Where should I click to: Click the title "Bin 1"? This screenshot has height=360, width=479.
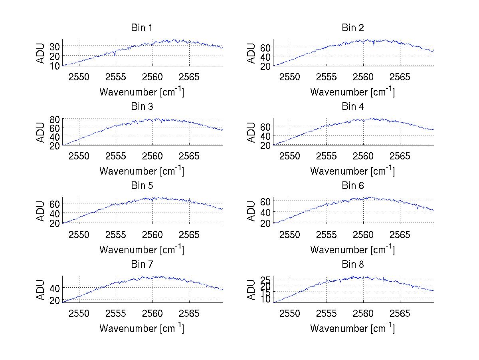pyautogui.click(x=142, y=28)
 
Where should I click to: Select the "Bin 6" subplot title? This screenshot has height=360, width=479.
pyautogui.click(x=352, y=186)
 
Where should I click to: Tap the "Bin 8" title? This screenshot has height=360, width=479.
pyautogui.click(x=352, y=265)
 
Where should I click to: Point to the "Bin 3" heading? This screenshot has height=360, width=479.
pyautogui.click(x=142, y=107)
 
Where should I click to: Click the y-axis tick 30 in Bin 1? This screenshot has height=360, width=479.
pyautogui.click(x=55, y=46)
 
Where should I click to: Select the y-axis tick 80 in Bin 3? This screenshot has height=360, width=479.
pyautogui.click(x=55, y=119)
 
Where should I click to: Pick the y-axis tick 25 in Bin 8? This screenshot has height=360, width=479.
pyautogui.click(x=265, y=279)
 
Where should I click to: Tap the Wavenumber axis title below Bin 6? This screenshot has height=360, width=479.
pyautogui.click(x=352, y=250)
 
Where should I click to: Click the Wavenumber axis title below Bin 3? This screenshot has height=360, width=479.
pyautogui.click(x=142, y=171)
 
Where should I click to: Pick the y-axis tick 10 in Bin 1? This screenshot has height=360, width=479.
pyautogui.click(x=55, y=65)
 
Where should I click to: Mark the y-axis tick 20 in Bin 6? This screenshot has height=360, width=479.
pyautogui.click(x=265, y=223)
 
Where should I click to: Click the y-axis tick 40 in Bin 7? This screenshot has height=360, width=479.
pyautogui.click(x=55, y=288)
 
